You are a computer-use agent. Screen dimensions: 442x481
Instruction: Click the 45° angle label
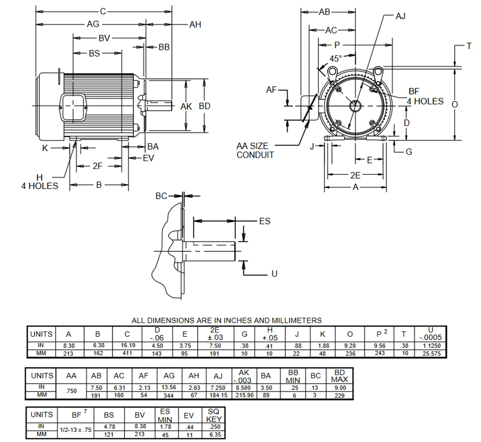click(335, 59)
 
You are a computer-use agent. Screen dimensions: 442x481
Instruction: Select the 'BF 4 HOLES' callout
click(425, 97)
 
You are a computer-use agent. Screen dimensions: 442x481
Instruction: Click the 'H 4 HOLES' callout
click(40, 182)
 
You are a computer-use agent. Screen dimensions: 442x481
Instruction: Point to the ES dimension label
click(265, 221)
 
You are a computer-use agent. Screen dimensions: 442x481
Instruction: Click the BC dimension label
click(161, 196)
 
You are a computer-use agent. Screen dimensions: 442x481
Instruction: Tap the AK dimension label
click(186, 107)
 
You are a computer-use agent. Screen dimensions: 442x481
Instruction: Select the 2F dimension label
click(97, 166)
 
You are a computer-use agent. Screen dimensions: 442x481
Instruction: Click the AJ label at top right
click(401, 16)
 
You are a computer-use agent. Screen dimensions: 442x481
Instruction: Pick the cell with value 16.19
click(127, 345)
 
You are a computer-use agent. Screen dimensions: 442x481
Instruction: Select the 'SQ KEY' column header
click(214, 415)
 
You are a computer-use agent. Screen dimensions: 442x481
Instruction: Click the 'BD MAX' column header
click(339, 376)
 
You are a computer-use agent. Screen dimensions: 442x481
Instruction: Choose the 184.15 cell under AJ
click(218, 395)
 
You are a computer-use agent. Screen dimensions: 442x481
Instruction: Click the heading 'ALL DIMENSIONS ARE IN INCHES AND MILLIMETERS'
click(226, 321)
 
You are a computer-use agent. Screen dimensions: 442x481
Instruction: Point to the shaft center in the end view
click(355, 106)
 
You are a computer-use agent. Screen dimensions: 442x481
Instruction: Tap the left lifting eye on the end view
click(332, 71)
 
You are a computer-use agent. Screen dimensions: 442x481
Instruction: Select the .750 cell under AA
click(71, 391)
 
